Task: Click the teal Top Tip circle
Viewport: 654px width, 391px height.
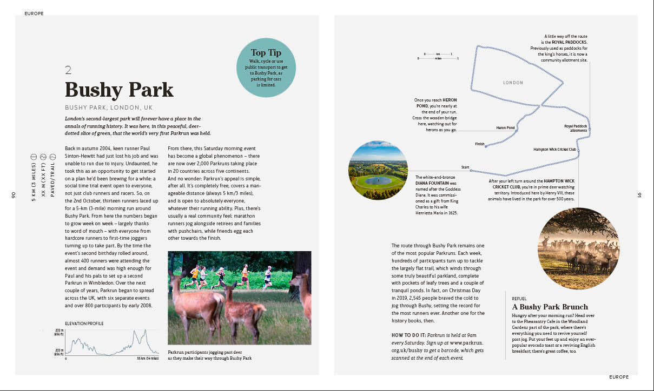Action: pyautogui.click(x=266, y=68)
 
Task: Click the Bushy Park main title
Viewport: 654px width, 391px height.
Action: pyautogui.click(x=119, y=90)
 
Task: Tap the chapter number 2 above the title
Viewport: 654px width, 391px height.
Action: pyautogui.click(x=68, y=70)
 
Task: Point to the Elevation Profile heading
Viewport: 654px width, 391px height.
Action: pyautogui.click(x=84, y=323)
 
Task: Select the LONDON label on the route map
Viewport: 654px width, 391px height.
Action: pyautogui.click(x=513, y=83)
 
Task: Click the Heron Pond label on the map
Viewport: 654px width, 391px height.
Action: pyautogui.click(x=505, y=128)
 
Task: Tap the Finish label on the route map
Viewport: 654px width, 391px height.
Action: pyautogui.click(x=480, y=144)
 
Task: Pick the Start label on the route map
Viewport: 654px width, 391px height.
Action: pyautogui.click(x=465, y=167)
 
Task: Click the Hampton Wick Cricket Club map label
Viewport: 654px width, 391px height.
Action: pyautogui.click(x=554, y=150)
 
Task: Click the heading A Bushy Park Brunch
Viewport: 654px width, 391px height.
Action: pyautogui.click(x=550, y=307)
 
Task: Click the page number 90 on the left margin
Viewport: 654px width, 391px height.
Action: pyautogui.click(x=13, y=195)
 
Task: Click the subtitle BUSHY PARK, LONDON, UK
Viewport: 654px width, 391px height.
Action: pyautogui.click(x=109, y=107)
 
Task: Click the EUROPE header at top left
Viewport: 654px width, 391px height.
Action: pyautogui.click(x=34, y=14)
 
